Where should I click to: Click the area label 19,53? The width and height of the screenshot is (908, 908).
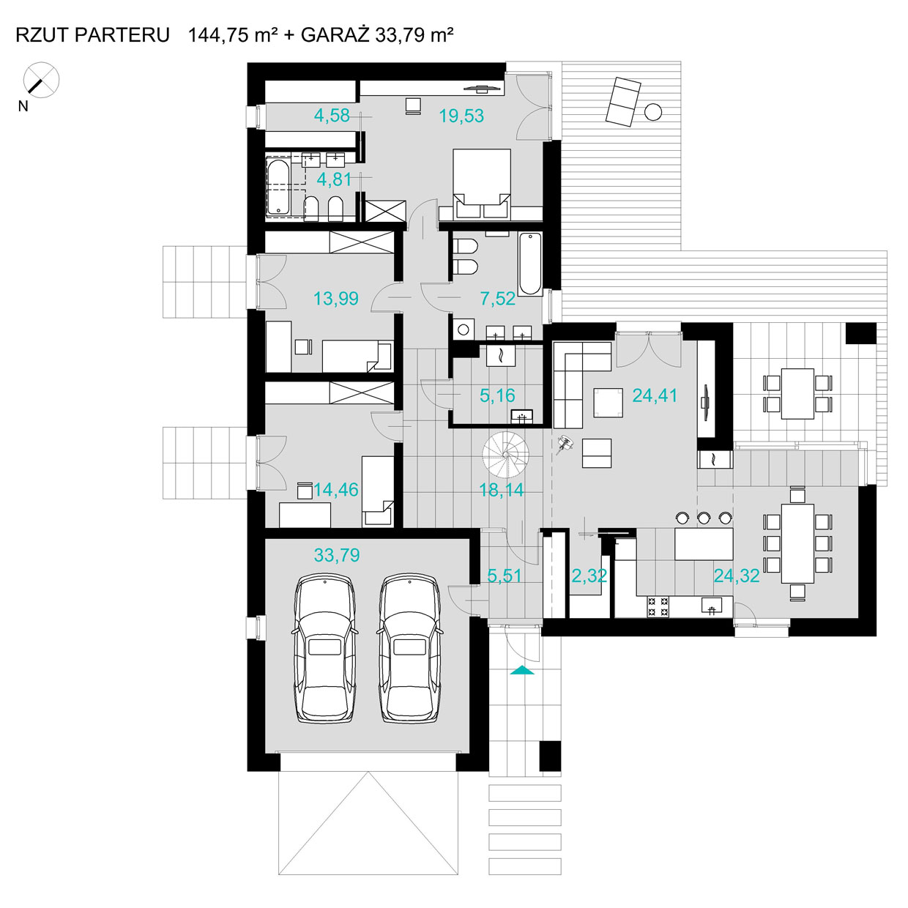[461, 116]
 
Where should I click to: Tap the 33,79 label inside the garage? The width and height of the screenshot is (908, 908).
[337, 555]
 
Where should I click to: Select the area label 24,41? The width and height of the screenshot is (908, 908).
[655, 396]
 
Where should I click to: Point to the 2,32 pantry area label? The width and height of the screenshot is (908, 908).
[589, 576]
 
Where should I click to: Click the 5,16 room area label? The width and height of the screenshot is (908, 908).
[497, 396]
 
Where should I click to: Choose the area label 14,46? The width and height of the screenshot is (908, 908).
[336, 490]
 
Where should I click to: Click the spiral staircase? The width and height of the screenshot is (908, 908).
[505, 455]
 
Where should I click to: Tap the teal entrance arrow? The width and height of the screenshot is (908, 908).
[522, 671]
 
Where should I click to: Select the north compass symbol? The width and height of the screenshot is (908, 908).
[41, 80]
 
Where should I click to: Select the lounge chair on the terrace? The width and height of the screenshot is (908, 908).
[623, 102]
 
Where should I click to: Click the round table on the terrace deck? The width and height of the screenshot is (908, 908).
[653, 112]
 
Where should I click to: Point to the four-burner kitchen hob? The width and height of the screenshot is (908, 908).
[658, 606]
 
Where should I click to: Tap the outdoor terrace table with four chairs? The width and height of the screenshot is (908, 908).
[797, 393]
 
